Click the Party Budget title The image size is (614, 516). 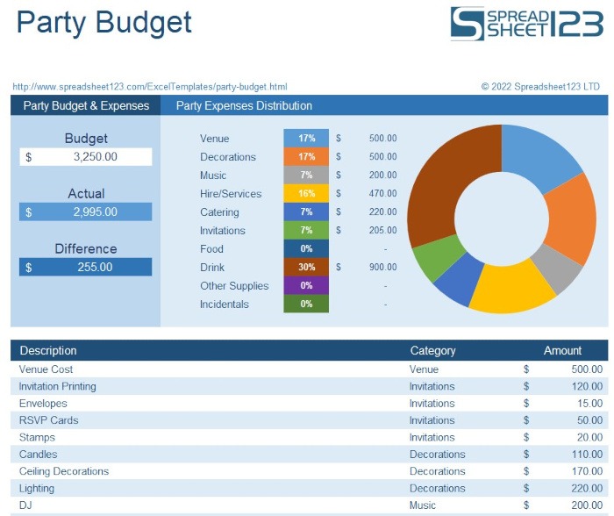[104, 23]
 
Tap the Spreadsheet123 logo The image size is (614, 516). [526, 24]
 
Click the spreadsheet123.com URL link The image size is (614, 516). [150, 87]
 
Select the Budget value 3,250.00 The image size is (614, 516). [86, 157]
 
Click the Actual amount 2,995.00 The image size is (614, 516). [86, 212]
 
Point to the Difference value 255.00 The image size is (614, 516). [86, 267]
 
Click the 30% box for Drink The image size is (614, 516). [306, 268]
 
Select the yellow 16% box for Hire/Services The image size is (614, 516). [306, 194]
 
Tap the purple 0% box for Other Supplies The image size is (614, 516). [306, 286]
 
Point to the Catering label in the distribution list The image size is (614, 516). [219, 212]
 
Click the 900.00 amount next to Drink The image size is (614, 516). [382, 268]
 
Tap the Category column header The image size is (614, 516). [432, 351]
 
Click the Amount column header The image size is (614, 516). [562, 351]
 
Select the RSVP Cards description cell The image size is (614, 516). [49, 420]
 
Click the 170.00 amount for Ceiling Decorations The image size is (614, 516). [584, 471]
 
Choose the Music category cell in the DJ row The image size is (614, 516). [423, 505]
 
